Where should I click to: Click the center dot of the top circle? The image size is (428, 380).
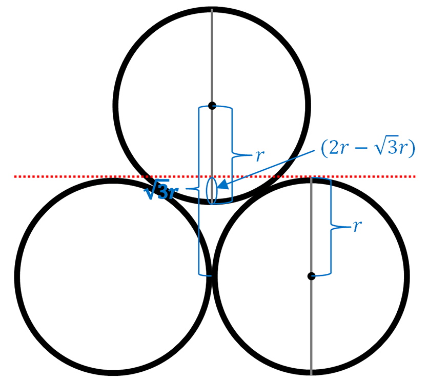point(212,106)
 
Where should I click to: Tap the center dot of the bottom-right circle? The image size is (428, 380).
point(311,276)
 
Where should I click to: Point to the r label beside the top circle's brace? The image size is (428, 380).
point(260,155)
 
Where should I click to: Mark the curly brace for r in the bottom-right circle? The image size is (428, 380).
point(331,226)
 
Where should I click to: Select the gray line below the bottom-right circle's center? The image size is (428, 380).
point(311,328)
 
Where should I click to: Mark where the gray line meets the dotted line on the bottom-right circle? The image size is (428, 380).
point(311,177)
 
